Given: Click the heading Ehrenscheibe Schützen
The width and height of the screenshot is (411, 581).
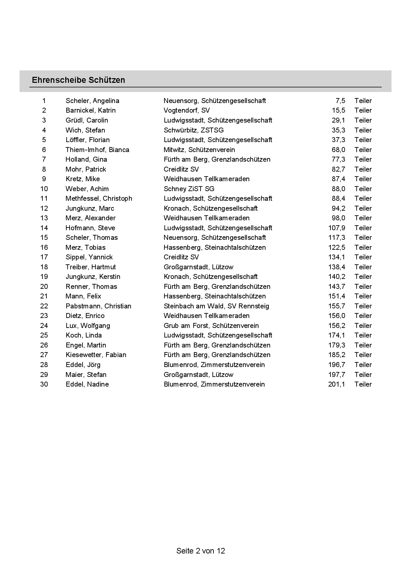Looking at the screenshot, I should coord(78,80).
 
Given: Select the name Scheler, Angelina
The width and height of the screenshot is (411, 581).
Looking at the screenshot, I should coord(92,101).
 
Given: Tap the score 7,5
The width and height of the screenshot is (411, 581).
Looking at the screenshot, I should coord(340,101).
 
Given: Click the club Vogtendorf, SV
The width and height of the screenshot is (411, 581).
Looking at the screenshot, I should coord(187,110).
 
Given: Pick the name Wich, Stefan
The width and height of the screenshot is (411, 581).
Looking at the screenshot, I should coord(85,130).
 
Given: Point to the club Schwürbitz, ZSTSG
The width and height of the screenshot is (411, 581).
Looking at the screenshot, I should coord(194,130).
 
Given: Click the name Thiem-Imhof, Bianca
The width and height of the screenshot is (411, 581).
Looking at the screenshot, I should coord(97,150).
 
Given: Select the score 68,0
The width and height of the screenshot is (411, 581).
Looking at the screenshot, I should coord(338,150).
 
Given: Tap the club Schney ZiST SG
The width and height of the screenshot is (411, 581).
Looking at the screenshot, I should coord(189,189).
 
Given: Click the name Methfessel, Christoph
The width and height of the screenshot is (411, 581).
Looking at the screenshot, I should coord(99,198).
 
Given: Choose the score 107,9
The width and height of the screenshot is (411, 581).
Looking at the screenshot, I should coord(336,228).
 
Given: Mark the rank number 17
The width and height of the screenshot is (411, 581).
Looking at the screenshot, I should coord(44,257).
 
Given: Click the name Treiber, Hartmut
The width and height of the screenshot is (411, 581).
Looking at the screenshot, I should coord(90,267).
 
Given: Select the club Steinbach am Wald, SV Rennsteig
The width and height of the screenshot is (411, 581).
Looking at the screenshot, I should coord(216,306).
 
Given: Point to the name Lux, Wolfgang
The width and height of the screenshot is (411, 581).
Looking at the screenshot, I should coord(88,326).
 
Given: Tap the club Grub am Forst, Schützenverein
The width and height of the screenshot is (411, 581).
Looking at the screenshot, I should coord(211,326).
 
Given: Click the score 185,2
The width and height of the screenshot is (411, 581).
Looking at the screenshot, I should coord(336,355).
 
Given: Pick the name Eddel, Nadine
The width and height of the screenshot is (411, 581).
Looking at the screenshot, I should coord(87,384).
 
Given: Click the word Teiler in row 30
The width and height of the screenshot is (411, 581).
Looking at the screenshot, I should coord(363,384).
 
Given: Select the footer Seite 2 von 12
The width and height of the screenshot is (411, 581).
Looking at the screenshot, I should coord(201,551).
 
